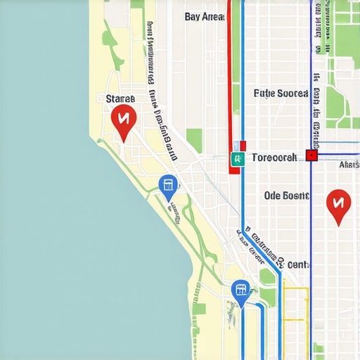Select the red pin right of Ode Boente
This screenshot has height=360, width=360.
pos(338,205)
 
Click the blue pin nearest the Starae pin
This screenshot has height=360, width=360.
pos(168,186)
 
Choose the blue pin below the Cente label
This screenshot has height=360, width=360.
pos(240,290)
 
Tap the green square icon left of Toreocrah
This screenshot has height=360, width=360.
pos(238,159)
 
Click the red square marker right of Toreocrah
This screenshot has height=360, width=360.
pos(312,155)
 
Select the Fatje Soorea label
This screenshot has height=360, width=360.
pos(281,93)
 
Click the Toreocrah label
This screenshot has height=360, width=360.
pos(274,157)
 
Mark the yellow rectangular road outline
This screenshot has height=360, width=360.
pos(295,306)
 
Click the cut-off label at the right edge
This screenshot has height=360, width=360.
pos(349,165)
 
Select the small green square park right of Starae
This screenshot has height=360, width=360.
pos(194,139)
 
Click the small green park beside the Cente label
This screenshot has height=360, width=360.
pos(267,276)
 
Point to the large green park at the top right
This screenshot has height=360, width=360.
pos(345,28)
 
